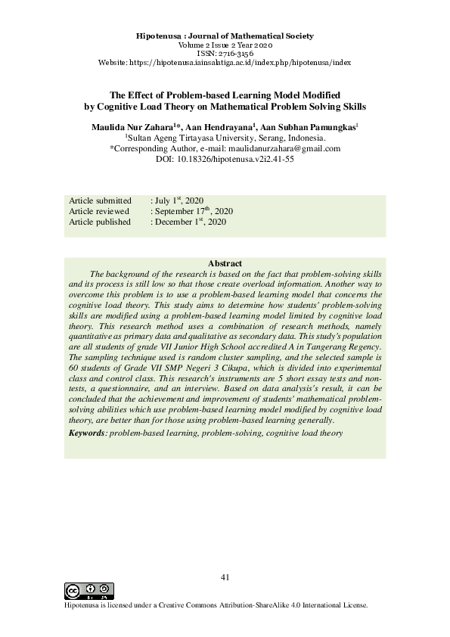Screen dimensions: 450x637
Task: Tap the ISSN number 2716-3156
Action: pyautogui.click(x=224, y=54)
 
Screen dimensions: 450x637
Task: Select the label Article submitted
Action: pyautogui.click(x=100, y=200)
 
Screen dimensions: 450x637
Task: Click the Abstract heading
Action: pyautogui.click(x=225, y=263)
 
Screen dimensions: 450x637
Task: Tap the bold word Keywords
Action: pyautogui.click(x=86, y=433)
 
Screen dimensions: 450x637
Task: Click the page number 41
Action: pyautogui.click(x=225, y=577)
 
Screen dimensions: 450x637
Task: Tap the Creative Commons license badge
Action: pyautogui.click(x=89, y=591)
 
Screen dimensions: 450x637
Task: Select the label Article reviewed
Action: pyautogui.click(x=99, y=211)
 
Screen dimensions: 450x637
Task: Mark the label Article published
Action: pyautogui.click(x=100, y=222)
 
